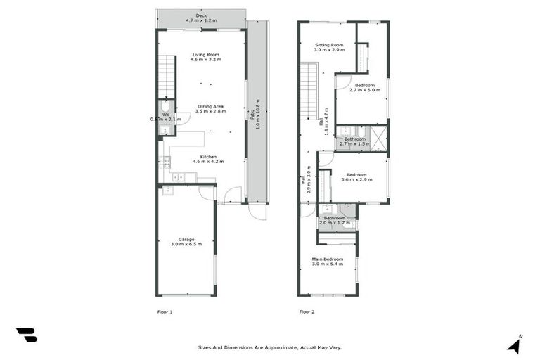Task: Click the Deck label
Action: click(x=201, y=15)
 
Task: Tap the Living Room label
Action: click(x=205, y=55)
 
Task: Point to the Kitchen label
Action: click(x=208, y=157)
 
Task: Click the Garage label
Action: click(x=186, y=239)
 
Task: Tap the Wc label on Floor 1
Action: click(x=166, y=114)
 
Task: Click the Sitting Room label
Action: click(x=328, y=45)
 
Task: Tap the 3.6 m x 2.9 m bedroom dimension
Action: click(x=356, y=180)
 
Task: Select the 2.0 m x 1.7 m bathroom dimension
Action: click(x=334, y=223)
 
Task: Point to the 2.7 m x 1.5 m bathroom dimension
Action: click(x=355, y=143)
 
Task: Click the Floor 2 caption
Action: click(x=307, y=311)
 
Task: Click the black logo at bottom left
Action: click(x=27, y=335)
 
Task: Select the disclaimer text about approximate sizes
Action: click(x=270, y=347)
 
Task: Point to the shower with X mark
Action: click(x=378, y=138)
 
